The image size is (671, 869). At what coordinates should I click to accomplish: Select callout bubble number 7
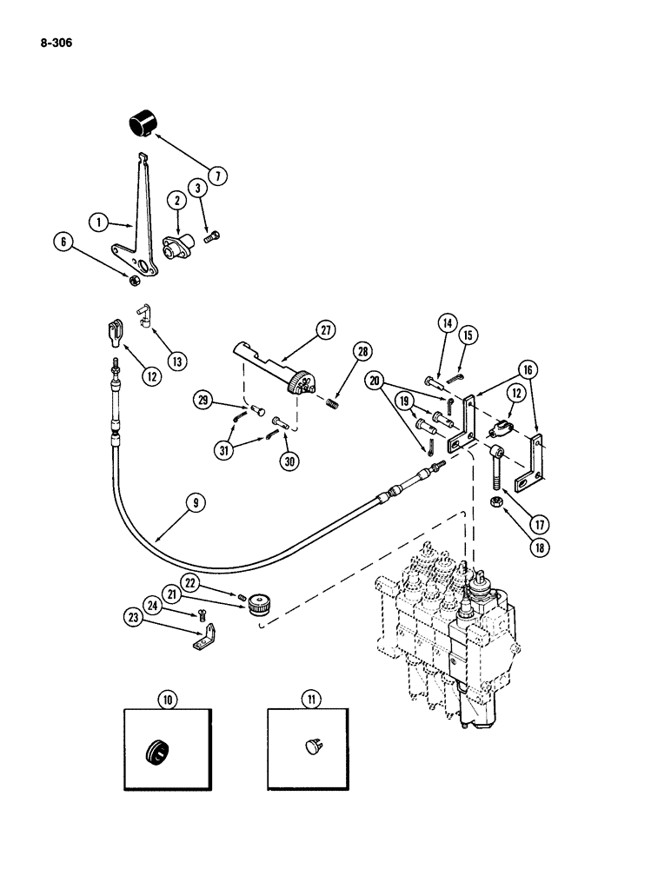tap(217, 176)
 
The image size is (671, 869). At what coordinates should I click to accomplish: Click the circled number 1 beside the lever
tap(101, 222)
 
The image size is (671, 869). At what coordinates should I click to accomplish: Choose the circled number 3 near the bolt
tap(198, 188)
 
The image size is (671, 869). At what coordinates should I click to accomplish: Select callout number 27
tap(325, 330)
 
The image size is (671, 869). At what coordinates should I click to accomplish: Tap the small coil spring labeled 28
tap(331, 401)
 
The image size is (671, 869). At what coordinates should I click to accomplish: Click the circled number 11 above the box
tap(310, 698)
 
